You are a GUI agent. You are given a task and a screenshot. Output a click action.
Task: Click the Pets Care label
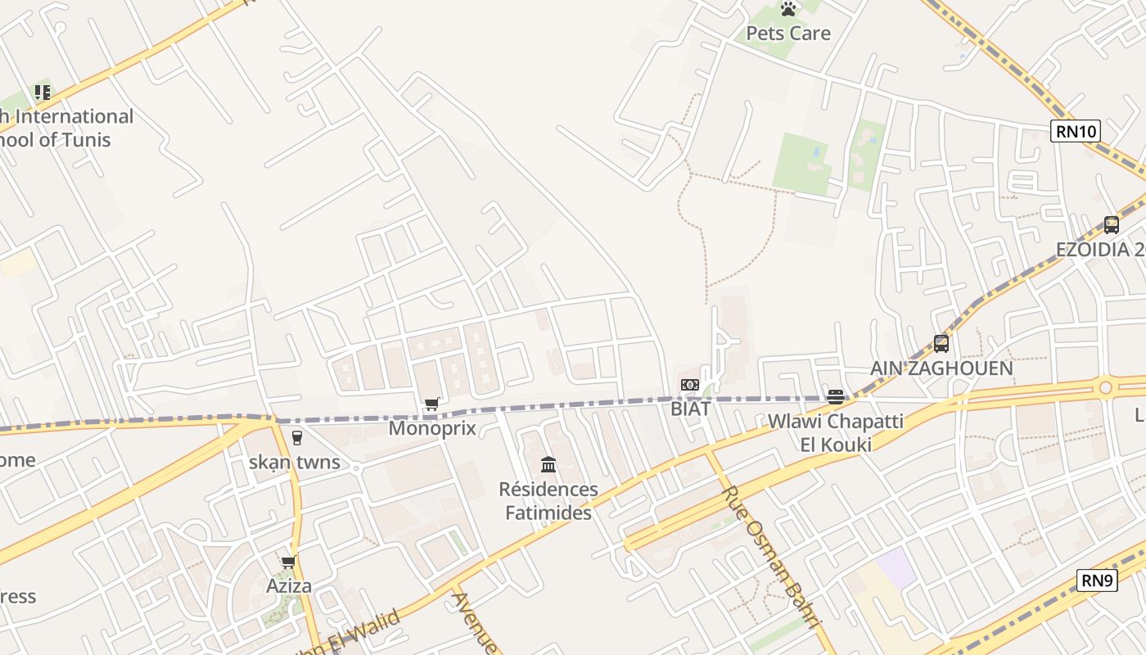787,34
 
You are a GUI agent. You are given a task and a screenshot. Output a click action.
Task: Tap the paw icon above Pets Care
788,9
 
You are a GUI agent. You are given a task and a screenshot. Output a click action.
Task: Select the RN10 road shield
1076,131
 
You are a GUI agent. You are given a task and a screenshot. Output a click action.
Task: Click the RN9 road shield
1097,580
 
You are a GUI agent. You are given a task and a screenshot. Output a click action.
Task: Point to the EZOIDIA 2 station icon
1111,224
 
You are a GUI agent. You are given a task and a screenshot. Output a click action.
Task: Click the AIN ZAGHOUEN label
941,368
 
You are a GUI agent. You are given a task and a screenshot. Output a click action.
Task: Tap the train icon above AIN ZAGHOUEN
941,344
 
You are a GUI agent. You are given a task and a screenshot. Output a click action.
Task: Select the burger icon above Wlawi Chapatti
835,397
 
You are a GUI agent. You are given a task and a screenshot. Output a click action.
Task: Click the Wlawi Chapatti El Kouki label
835,433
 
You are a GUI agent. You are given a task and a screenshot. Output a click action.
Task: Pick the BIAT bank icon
690,385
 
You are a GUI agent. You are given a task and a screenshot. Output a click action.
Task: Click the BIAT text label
690,409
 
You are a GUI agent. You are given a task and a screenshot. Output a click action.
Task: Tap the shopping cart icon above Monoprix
432,404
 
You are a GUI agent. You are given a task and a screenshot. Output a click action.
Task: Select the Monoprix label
432,428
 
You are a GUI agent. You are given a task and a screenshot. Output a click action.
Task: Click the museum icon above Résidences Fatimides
548,465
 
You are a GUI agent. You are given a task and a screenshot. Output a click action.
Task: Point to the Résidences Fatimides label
548,501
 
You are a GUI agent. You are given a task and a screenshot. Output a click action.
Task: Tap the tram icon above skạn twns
296,438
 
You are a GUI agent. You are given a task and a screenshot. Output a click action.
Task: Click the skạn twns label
295,462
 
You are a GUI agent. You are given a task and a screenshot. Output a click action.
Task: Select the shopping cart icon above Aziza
288,562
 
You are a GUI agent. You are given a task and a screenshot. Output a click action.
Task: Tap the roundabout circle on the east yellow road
1106,387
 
